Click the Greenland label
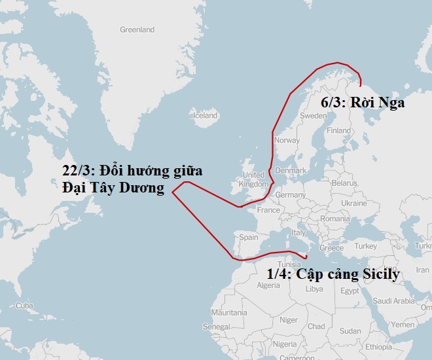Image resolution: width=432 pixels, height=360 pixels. [137, 29]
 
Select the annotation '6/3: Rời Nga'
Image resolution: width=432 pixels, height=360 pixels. [363, 103]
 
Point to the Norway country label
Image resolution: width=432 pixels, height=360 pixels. [287, 140]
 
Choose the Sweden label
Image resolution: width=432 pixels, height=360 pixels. [313, 115]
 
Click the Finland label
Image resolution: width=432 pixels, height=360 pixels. [339, 130]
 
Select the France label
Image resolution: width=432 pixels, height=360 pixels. [268, 210]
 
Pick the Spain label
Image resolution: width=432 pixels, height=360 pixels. [249, 237]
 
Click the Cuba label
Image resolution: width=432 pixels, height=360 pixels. [24, 306]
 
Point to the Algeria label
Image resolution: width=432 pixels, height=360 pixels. [268, 285]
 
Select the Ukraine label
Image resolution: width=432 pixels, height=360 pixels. [354, 203]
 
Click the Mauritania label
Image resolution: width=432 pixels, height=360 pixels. [229, 313]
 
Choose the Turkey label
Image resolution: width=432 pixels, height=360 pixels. [365, 246]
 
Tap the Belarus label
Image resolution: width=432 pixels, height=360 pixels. [344, 184]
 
